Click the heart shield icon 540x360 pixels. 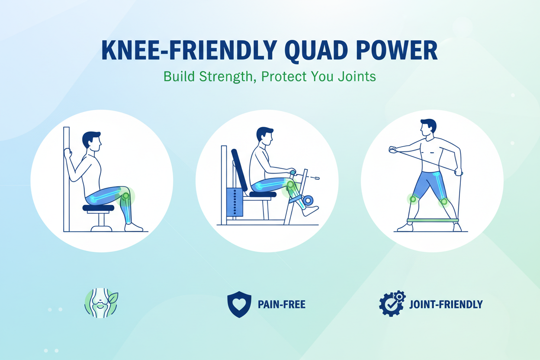tap(239, 304)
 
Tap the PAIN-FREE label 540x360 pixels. tap(281, 305)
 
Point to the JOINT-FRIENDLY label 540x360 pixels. tap(446, 305)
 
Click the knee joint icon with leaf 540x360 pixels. tap(101, 303)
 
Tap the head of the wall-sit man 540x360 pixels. tap(92, 141)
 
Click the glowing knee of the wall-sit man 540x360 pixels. tap(125, 196)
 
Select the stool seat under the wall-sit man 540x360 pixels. tap(98, 208)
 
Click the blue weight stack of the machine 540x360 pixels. tap(235, 202)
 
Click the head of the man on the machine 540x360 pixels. tap(264, 136)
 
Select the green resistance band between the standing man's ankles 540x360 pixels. tap(433, 220)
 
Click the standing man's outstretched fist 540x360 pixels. tap(392, 150)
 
